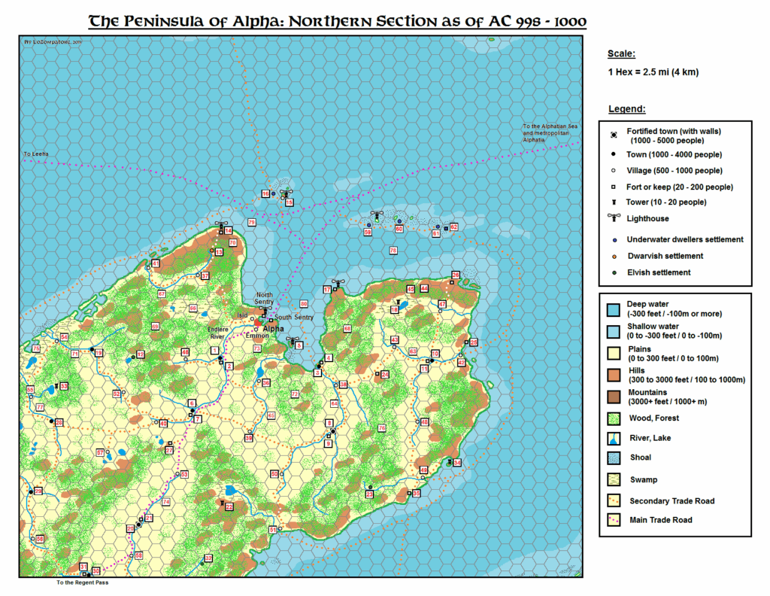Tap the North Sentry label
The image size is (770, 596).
pyautogui.click(x=265, y=297)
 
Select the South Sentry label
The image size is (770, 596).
pyautogui.click(x=293, y=318)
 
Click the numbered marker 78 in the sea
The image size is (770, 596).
pyautogui.click(x=393, y=250)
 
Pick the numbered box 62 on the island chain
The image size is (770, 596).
pyautogui.click(x=453, y=227)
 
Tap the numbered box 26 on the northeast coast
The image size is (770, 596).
pyautogui.click(x=455, y=275)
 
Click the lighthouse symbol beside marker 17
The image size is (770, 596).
pyautogui.click(x=338, y=284)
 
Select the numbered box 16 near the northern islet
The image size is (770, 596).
pyautogui.click(x=265, y=194)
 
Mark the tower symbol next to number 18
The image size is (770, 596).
pyautogui.click(x=394, y=301)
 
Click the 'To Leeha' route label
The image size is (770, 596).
pyautogui.click(x=35, y=154)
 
